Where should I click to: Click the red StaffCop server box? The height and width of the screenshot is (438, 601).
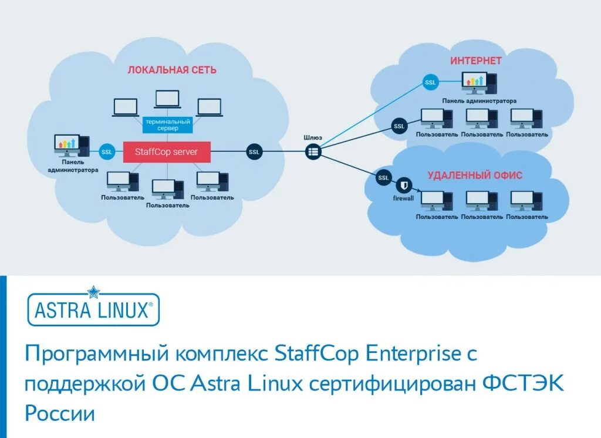[167, 152]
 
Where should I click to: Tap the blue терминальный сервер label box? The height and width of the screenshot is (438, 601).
[168, 124]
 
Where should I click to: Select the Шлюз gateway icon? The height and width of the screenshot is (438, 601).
[313, 152]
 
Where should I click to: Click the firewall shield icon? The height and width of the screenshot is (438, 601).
[403, 186]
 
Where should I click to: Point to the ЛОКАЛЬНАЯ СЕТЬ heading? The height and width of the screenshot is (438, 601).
[172, 70]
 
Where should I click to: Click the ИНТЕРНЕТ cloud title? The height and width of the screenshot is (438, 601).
[476, 60]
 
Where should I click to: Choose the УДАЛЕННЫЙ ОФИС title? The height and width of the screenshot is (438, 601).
[475, 175]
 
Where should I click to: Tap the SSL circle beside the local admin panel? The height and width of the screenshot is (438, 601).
[107, 152]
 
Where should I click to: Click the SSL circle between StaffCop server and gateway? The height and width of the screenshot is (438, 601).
[254, 152]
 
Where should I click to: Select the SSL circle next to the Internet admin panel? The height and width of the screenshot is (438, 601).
[430, 83]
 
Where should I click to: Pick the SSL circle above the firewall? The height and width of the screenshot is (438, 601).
[383, 177]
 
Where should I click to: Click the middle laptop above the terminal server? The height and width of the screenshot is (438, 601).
[168, 99]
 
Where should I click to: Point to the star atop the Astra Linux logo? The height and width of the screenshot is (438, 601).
[94, 292]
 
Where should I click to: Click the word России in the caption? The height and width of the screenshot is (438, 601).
[59, 413]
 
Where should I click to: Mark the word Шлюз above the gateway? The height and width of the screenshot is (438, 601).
[313, 137]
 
